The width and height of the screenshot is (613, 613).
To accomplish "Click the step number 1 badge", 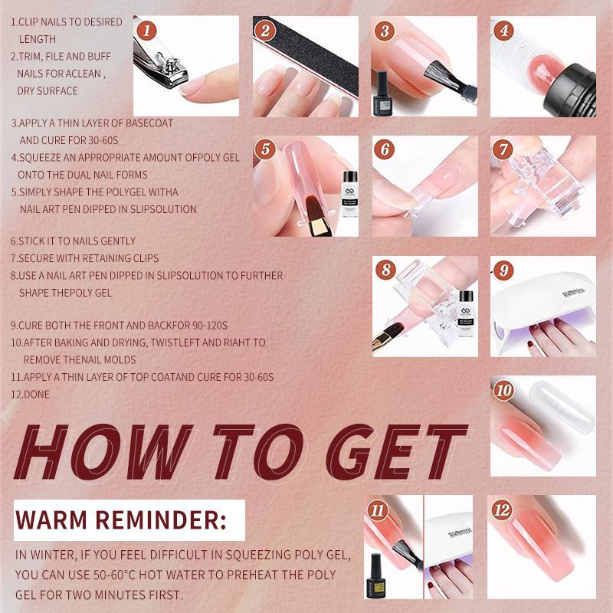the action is click(x=146, y=31).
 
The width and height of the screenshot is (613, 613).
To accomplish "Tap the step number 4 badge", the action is click(x=504, y=31).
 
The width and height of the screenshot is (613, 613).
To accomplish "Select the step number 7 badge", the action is click(x=504, y=149).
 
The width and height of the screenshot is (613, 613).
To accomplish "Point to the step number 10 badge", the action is click(x=504, y=390).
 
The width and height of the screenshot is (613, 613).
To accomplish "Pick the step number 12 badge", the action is click(x=503, y=510).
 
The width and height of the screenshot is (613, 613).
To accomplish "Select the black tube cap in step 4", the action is click(x=572, y=90).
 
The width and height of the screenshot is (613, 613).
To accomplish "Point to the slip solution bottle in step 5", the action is click(x=350, y=194).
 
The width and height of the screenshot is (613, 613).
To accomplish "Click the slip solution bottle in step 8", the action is click(x=466, y=313).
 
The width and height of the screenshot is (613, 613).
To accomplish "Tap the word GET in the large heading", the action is click(x=397, y=452).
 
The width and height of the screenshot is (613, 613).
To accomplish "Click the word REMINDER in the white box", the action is click(x=161, y=520).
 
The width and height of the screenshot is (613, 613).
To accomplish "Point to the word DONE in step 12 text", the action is click(x=37, y=395).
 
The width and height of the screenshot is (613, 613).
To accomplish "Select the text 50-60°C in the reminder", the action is click(x=114, y=575).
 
